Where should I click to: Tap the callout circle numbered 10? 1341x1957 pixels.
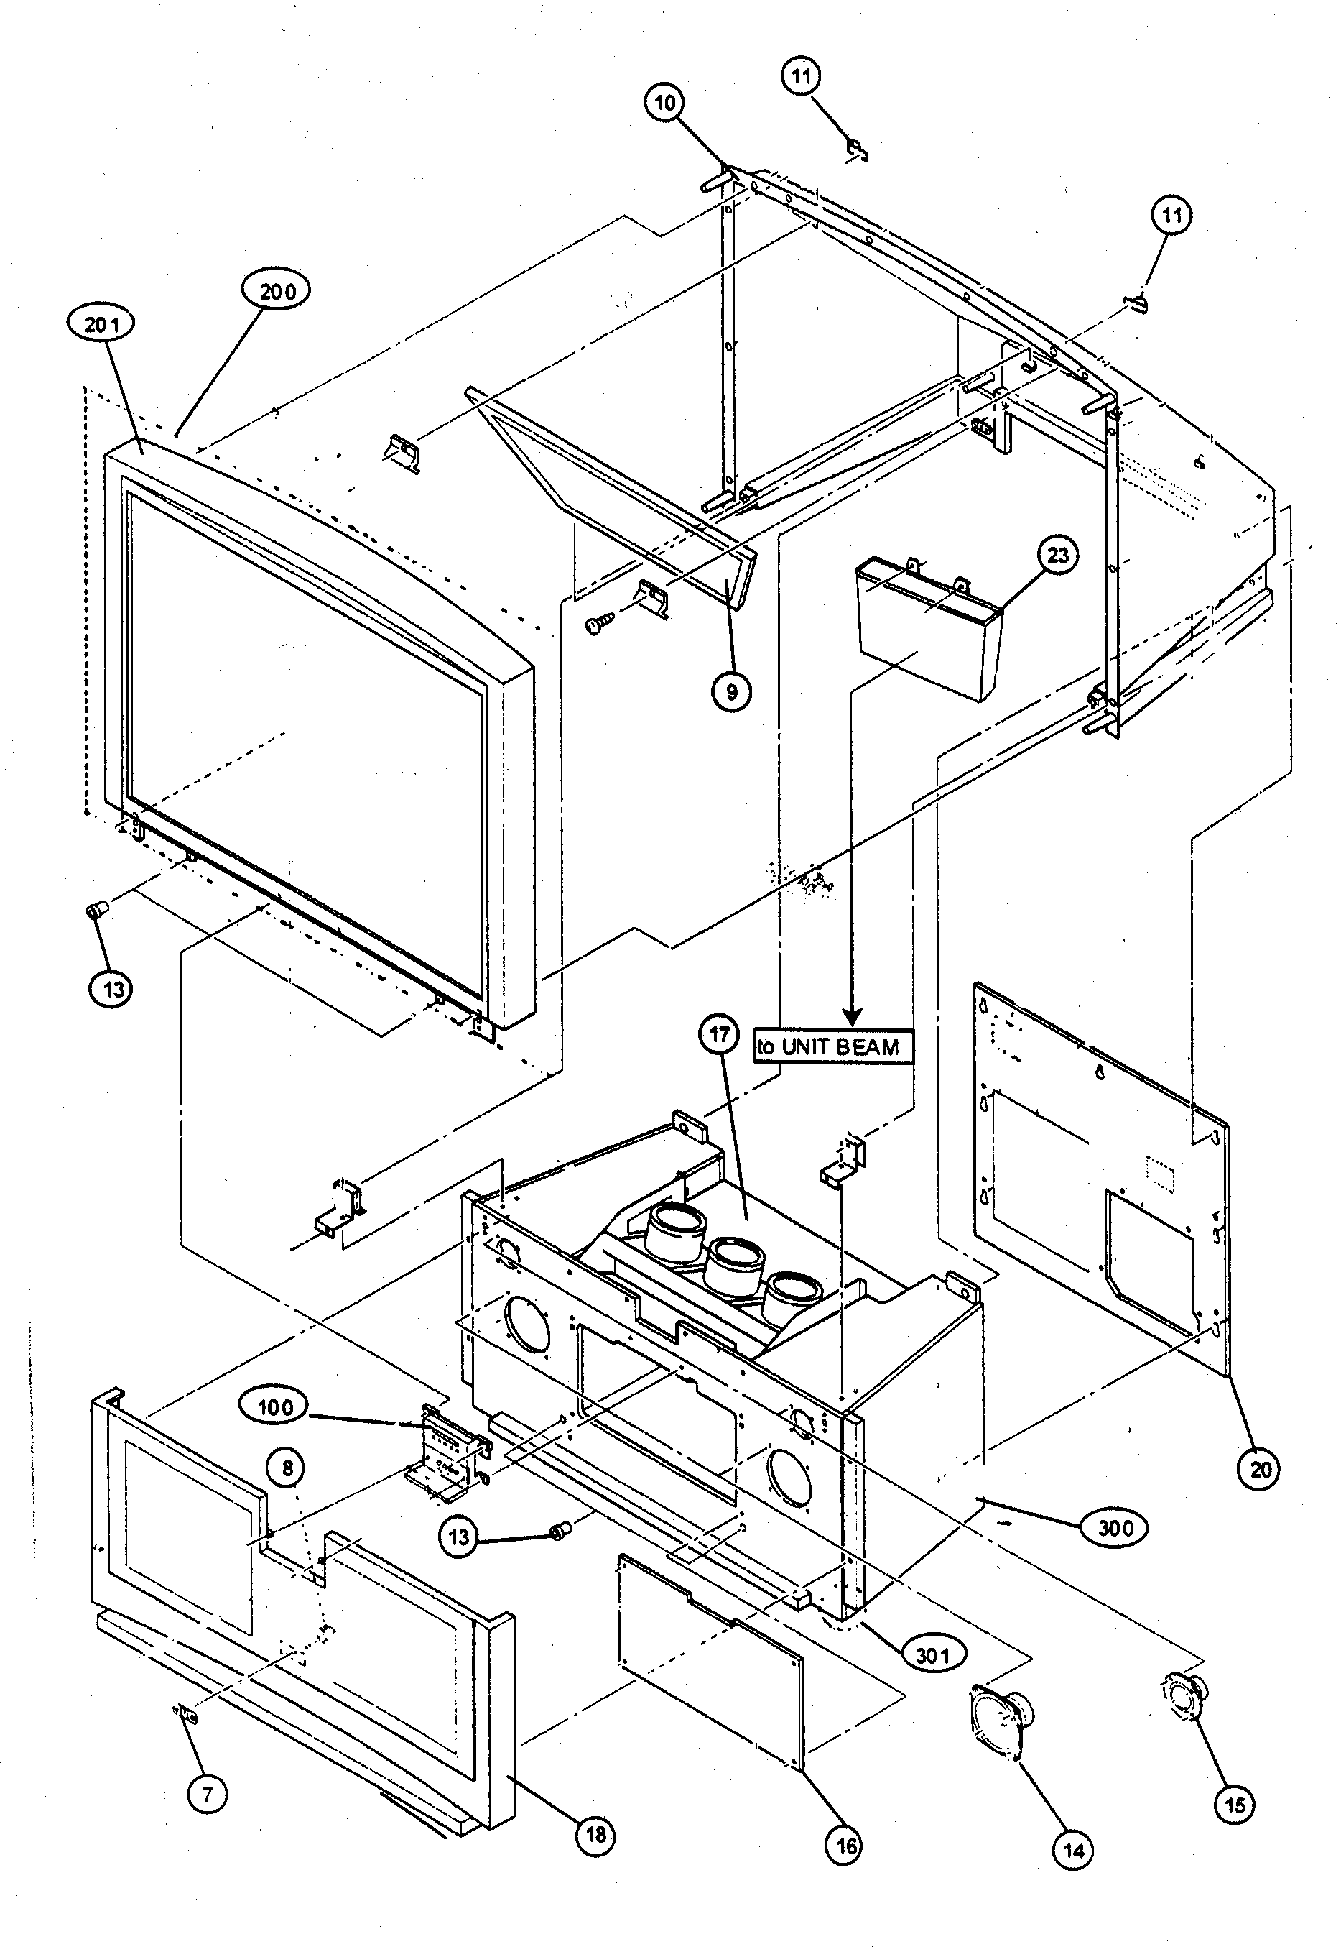pos(665,103)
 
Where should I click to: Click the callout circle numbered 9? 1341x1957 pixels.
pos(730,691)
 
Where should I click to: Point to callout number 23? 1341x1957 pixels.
pos(1057,555)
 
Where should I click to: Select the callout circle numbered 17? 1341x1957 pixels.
pos(719,1034)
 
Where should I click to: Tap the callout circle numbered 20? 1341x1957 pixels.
pos(1259,1470)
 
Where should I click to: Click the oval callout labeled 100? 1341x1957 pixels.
pos(275,1407)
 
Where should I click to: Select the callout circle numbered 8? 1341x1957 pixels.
pos(288,1468)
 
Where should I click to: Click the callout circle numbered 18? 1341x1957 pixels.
pos(596,1834)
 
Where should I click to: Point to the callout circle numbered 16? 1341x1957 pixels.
pos(845,1846)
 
